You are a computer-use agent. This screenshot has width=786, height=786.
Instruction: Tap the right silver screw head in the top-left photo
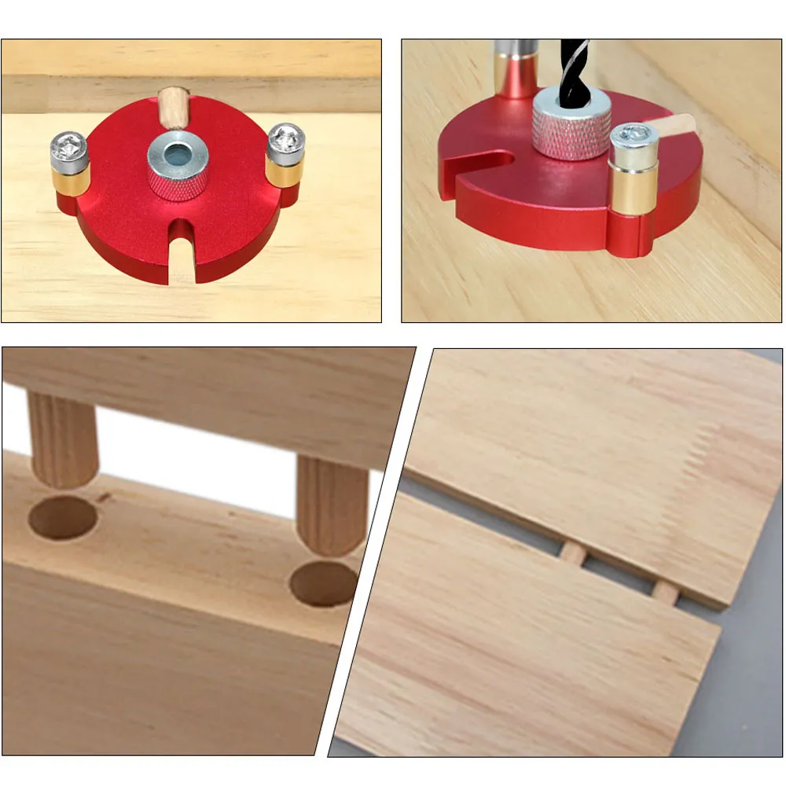tap(285, 139)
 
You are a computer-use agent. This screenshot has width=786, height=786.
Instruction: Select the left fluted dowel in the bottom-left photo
tap(62, 440)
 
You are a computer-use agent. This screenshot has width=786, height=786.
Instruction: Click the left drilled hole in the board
tap(62, 517)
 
